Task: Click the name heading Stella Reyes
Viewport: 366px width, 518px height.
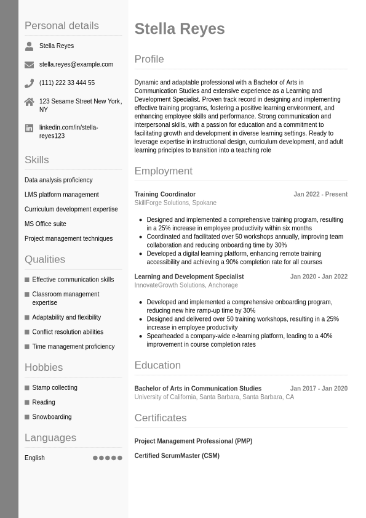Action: (180, 29)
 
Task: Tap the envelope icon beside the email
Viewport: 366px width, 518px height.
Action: (29, 65)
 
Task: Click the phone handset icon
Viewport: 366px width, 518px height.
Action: (29, 83)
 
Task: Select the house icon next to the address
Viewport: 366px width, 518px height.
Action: (29, 102)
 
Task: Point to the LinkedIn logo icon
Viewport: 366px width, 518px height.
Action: (29, 128)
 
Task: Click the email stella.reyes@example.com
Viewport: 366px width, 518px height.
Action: (76, 64)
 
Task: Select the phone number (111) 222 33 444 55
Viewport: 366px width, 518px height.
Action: (67, 83)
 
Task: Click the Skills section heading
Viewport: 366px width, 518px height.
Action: (37, 160)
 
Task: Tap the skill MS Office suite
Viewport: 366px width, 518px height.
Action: (46, 224)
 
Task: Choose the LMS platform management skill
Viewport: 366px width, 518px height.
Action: (62, 195)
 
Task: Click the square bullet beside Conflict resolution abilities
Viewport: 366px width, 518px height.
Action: (27, 333)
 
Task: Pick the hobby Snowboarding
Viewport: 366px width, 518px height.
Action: (52, 417)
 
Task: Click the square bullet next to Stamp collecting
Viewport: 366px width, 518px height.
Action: (27, 388)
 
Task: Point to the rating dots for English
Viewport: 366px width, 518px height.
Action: (108, 458)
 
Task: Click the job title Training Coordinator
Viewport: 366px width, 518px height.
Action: (165, 195)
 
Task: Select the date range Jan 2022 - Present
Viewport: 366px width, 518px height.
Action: (320, 195)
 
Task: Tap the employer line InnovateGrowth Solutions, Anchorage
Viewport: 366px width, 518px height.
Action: (186, 285)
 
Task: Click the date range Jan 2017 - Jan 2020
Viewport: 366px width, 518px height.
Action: (319, 389)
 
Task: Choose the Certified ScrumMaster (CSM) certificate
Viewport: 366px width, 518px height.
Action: (177, 456)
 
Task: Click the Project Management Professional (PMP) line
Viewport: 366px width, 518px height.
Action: (193, 441)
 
